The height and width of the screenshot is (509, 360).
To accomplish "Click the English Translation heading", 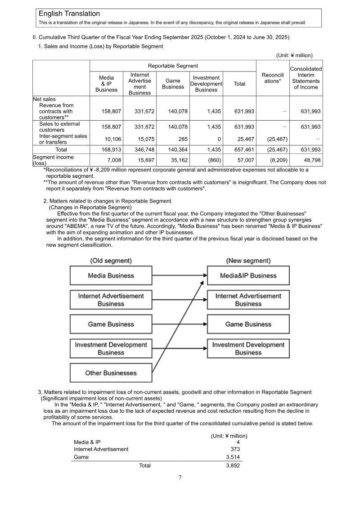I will (69, 14).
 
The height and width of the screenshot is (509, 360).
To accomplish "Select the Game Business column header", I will (173, 84).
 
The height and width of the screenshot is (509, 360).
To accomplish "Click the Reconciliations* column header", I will (272, 78).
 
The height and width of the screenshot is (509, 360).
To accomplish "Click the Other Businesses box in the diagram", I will (111, 373).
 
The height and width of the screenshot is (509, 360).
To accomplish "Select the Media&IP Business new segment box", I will (248, 275).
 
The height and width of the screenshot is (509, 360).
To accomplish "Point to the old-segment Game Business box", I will (111, 324).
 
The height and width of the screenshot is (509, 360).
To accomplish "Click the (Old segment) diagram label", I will (111, 261).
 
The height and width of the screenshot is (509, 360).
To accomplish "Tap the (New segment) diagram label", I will (248, 261).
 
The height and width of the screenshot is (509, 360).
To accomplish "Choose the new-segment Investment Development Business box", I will (248, 348).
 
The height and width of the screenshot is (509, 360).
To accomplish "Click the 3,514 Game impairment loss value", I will (233, 457).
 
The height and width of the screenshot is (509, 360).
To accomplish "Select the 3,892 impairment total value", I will (233, 465).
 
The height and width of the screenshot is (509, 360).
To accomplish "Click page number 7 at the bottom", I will (180, 477).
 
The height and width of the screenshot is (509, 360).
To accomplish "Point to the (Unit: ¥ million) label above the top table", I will (294, 55).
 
